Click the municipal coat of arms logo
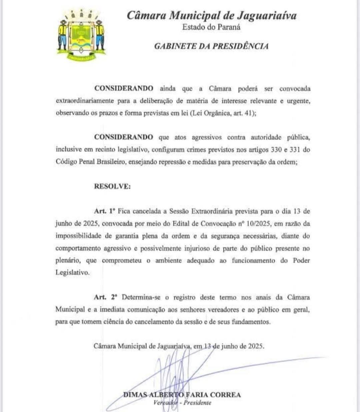point(81,35)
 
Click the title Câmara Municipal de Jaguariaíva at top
point(211,15)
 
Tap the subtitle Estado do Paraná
point(211,27)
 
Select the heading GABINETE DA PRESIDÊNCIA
point(211,46)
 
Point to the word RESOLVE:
point(112,186)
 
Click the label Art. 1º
point(105,211)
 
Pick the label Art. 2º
point(105,297)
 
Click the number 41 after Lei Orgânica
point(250,113)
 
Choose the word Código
point(67,162)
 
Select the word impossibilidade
point(78,236)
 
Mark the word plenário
point(66,260)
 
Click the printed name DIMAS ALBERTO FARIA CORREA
point(182,395)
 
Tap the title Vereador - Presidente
point(182,403)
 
